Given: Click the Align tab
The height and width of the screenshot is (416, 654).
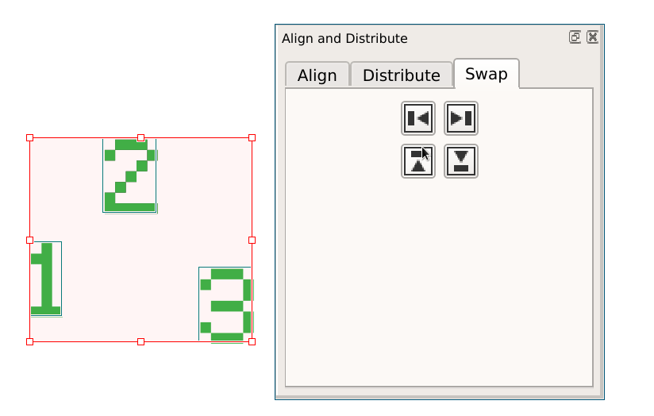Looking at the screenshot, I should [x=317, y=75].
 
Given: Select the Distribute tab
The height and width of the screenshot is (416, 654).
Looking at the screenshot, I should [x=401, y=75].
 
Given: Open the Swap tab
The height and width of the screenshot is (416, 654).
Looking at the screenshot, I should [x=486, y=74].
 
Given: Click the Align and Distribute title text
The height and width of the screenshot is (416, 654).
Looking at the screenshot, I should [x=344, y=38].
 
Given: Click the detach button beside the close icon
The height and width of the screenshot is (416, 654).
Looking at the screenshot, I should [x=575, y=37].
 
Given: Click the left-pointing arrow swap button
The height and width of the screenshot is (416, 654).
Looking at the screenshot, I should [x=418, y=119].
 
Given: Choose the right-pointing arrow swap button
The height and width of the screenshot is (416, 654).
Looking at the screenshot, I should [x=461, y=119].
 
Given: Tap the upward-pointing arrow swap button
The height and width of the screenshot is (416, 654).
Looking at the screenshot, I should [x=418, y=162].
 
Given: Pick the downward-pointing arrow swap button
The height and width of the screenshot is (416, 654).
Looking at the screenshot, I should [x=461, y=162].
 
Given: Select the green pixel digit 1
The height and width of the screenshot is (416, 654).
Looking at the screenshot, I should [x=46, y=279].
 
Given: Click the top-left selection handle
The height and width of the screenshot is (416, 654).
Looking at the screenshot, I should [x=30, y=137].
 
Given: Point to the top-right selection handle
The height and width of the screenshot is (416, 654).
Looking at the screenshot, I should [x=252, y=137].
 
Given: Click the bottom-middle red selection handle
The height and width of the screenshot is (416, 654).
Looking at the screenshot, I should [x=140, y=341].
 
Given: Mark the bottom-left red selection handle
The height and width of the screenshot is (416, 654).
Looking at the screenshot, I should [x=30, y=341].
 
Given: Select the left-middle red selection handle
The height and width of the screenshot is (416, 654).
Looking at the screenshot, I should [x=30, y=240].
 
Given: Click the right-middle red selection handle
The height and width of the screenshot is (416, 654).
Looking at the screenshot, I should [x=252, y=240].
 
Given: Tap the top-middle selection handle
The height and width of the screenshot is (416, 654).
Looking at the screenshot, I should [x=140, y=137].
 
